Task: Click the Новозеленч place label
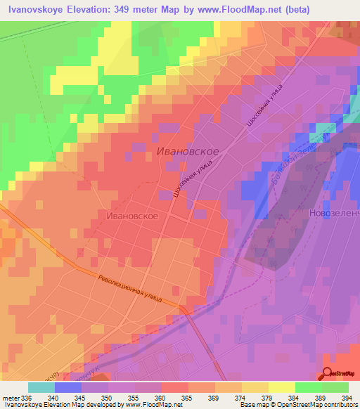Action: (x=334, y=212)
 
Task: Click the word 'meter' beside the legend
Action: (x=11, y=397)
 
